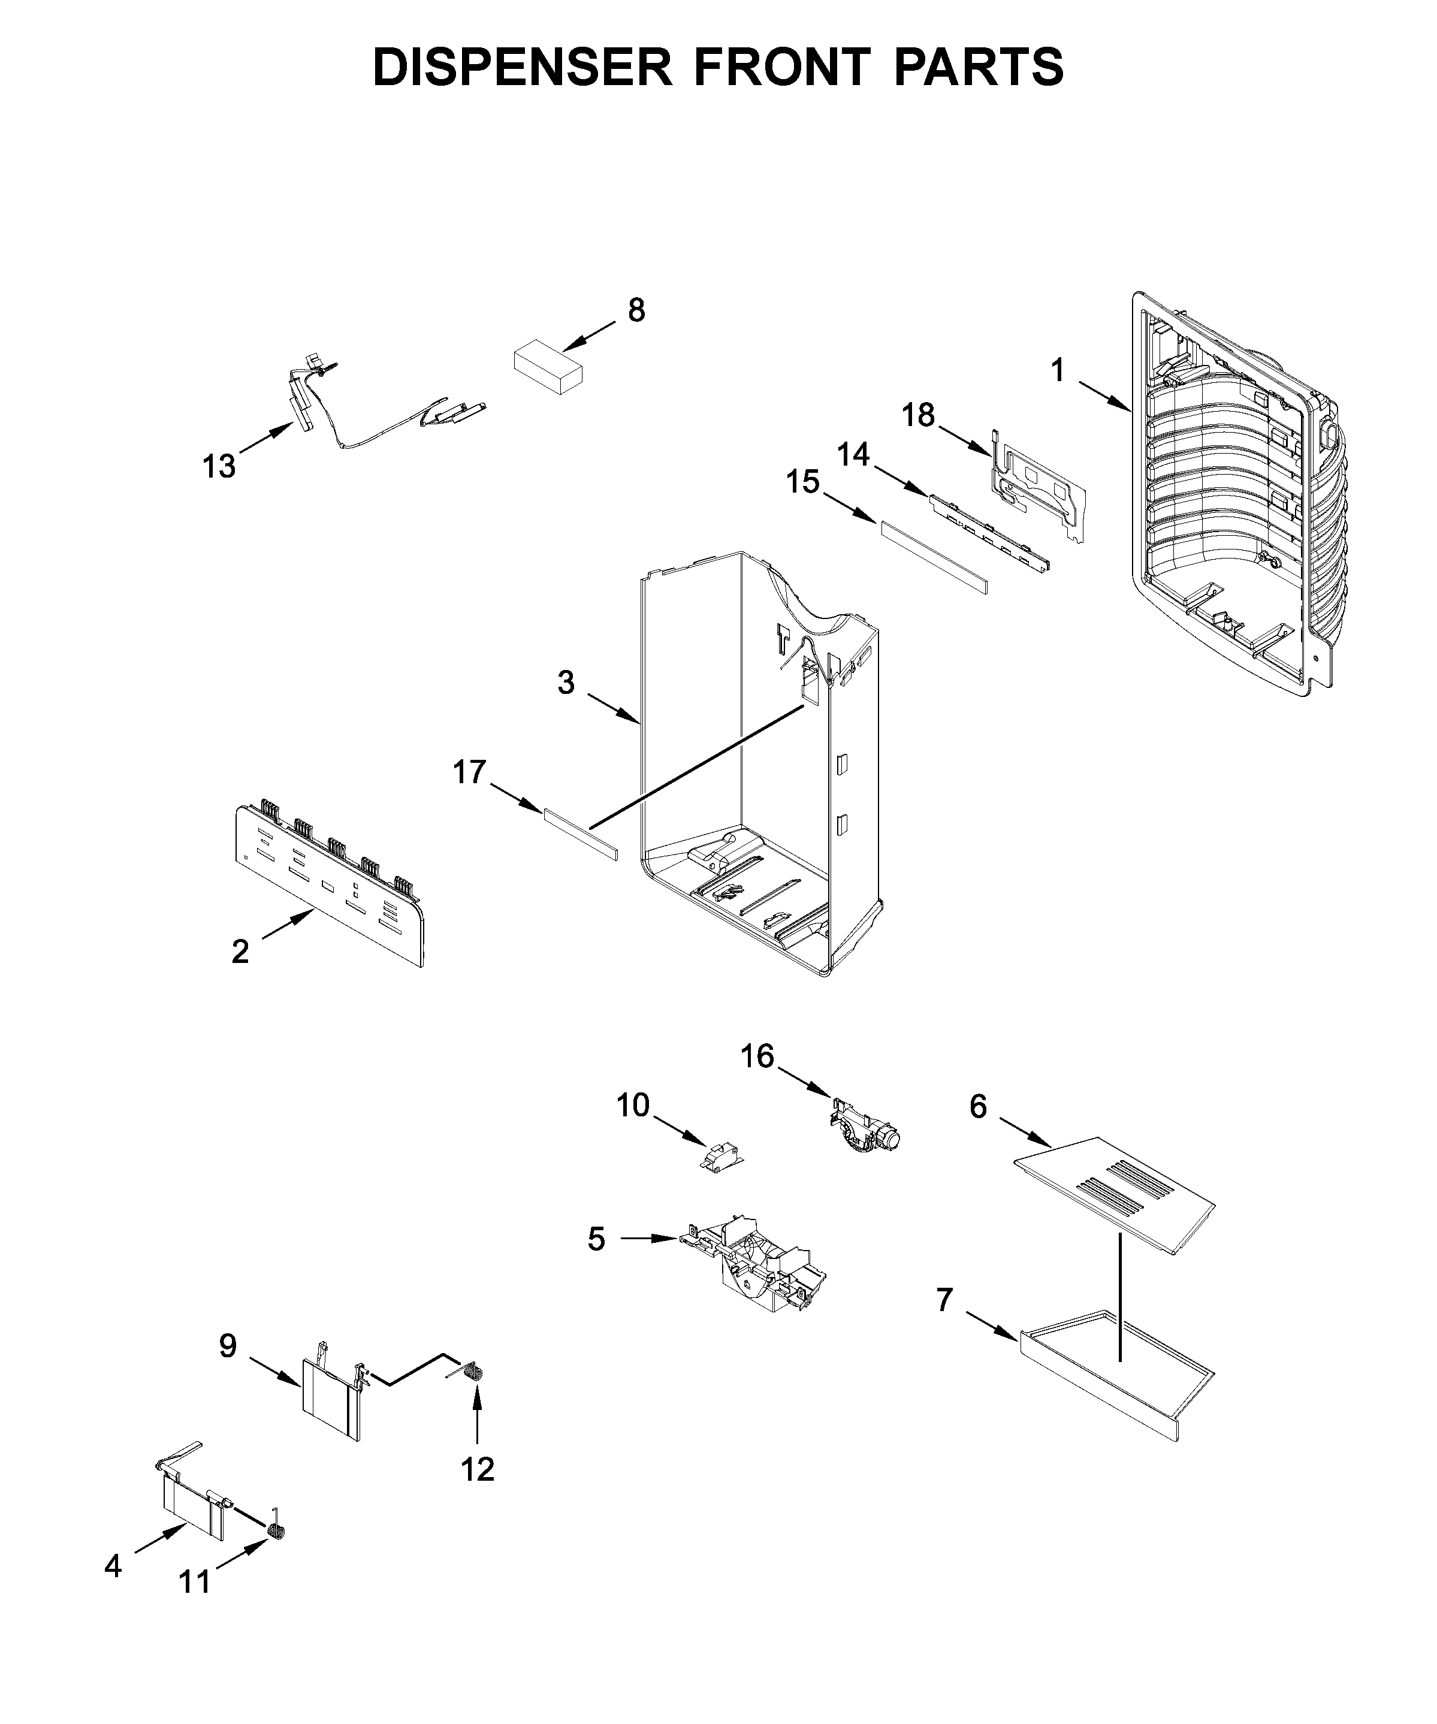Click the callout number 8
pos(636,310)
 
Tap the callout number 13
pos(219,466)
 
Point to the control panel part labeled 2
pos(328,887)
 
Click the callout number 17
pos(470,772)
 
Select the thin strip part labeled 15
pos(934,557)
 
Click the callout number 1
pos(1058,371)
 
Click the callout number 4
pos(113,1566)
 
